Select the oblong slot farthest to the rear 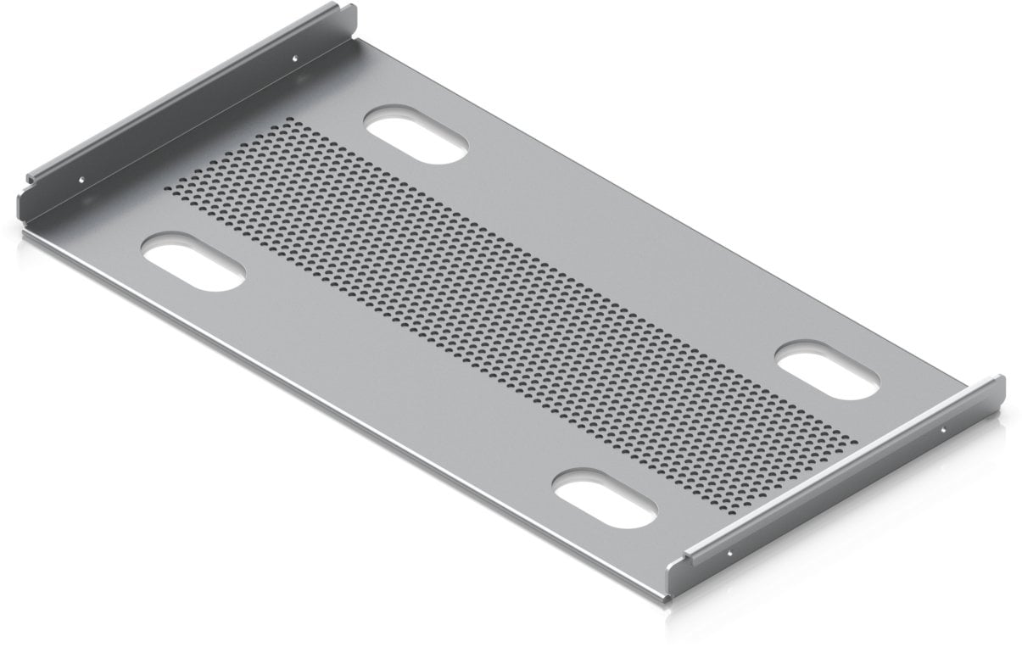(x=416, y=135)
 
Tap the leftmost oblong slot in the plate (x=193, y=264)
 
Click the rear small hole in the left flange (x=294, y=59)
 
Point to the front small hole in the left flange (x=81, y=179)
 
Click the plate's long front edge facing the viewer (x=339, y=407)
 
